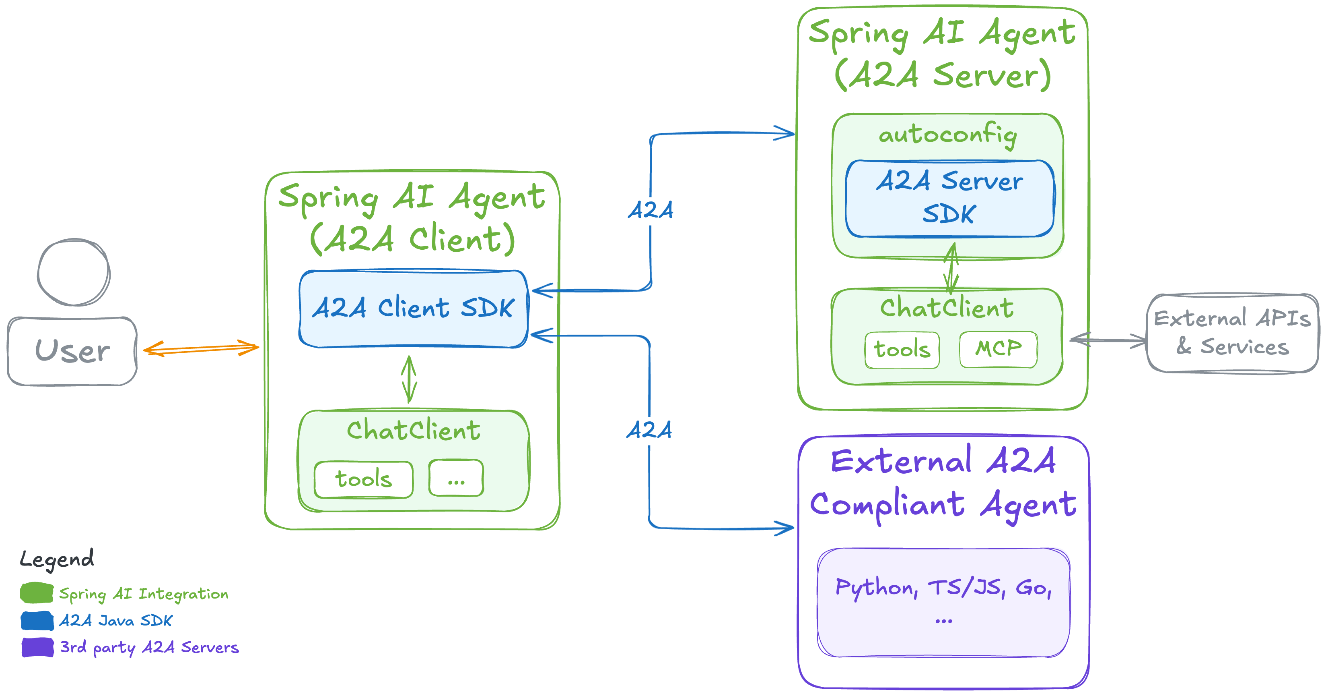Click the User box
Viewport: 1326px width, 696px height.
point(72,351)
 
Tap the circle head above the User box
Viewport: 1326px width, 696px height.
point(74,272)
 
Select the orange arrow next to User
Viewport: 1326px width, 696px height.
point(201,349)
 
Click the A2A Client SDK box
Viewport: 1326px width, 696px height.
point(413,308)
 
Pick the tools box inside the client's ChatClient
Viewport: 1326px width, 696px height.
point(363,479)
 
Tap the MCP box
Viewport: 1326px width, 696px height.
point(998,349)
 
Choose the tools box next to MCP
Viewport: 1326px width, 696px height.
point(902,350)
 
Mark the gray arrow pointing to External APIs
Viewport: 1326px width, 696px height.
point(1108,340)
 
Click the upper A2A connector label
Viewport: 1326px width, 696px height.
point(651,210)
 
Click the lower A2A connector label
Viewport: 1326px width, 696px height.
point(649,430)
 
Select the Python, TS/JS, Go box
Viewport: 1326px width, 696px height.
point(943,602)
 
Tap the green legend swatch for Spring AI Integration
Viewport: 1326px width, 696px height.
point(37,593)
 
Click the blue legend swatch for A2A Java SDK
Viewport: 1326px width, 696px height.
point(37,620)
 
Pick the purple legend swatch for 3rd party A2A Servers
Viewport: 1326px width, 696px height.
point(37,647)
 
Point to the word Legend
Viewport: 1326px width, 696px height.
point(57,559)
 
